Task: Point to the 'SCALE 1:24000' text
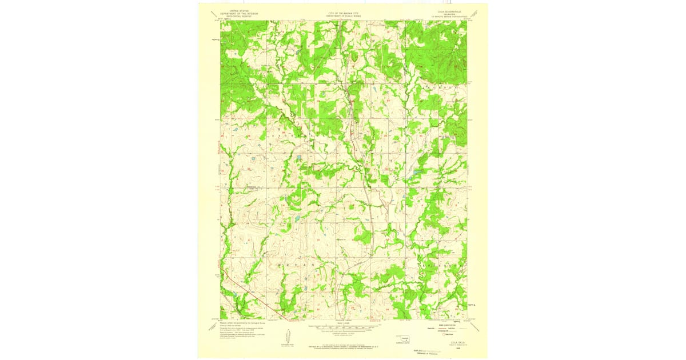click(x=343, y=323)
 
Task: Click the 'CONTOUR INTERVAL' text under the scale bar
click(x=343, y=334)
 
